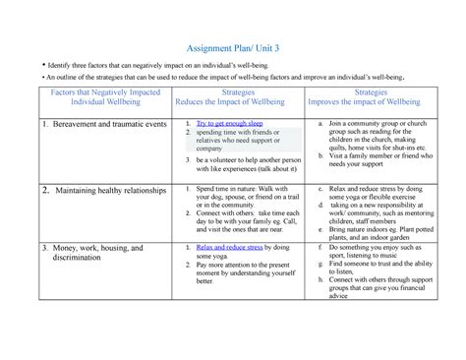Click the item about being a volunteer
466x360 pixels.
246,164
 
